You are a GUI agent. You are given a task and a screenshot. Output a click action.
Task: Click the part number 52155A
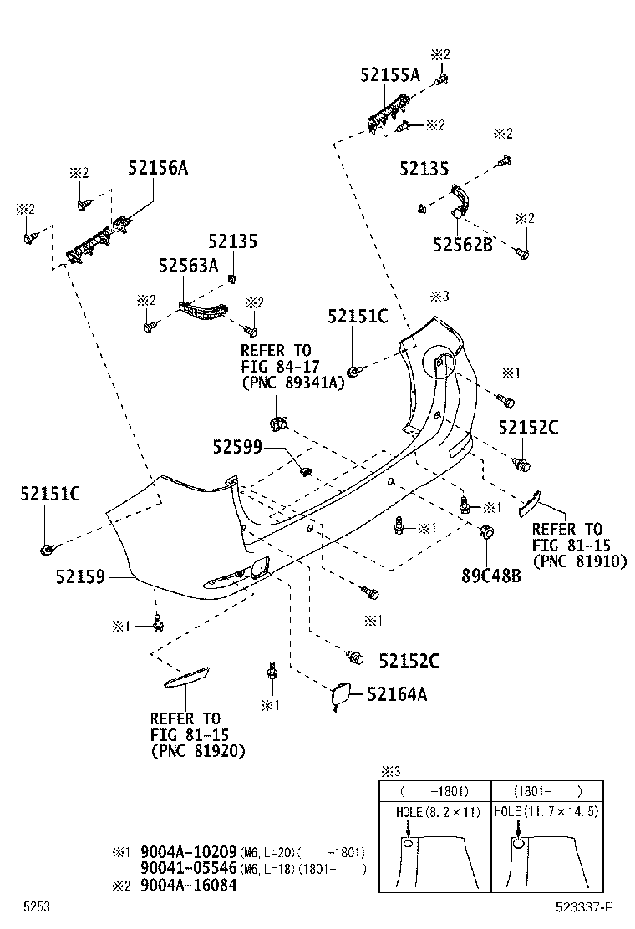pyautogui.click(x=390, y=74)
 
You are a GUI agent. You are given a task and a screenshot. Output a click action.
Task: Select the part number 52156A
pyautogui.click(x=158, y=168)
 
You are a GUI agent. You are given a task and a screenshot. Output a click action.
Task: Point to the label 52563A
pyautogui.click(x=188, y=266)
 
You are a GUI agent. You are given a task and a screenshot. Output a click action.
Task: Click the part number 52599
pyautogui.click(x=238, y=449)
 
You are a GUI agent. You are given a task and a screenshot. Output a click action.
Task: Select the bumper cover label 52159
pyautogui.click(x=80, y=576)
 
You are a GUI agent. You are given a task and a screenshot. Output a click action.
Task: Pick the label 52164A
pyautogui.click(x=398, y=693)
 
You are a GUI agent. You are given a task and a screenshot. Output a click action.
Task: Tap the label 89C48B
pyautogui.click(x=490, y=576)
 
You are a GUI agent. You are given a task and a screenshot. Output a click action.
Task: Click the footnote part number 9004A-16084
pyautogui.click(x=189, y=885)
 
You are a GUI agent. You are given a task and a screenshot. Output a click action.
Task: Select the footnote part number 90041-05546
pyautogui.click(x=189, y=869)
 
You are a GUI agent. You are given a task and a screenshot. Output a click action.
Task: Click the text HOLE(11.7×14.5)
pyautogui.click(x=546, y=811)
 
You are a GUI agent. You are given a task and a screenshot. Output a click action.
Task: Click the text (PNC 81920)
pyautogui.click(x=198, y=751)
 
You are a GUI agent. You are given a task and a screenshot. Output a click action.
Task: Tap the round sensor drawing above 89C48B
pyautogui.click(x=485, y=531)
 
